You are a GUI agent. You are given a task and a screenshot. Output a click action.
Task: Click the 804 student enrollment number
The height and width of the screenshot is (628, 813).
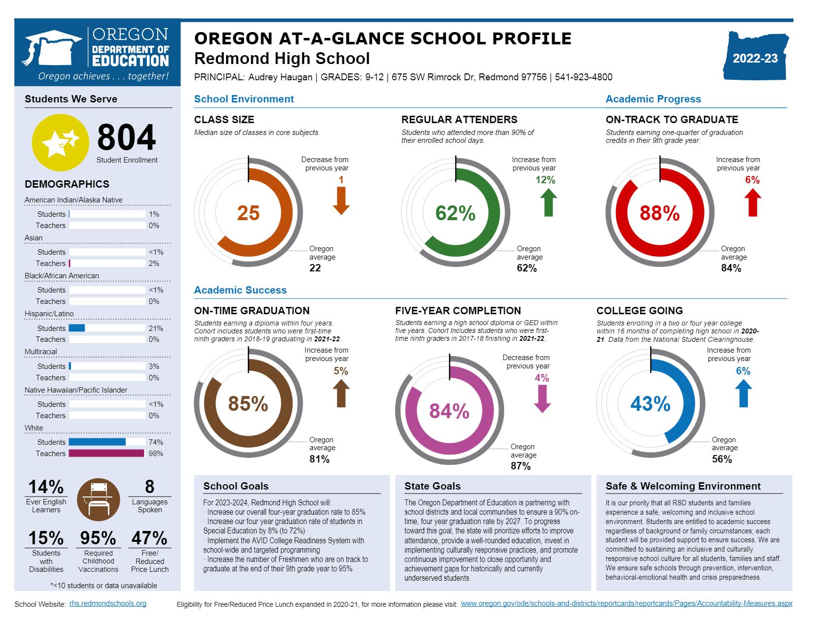(127, 137)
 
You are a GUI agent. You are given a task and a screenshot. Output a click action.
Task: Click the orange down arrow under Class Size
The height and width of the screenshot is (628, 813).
(341, 201)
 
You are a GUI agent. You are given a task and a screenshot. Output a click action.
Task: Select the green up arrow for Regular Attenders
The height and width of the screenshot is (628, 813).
(548, 203)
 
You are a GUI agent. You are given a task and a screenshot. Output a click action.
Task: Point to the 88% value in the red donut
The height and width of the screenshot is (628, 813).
(660, 213)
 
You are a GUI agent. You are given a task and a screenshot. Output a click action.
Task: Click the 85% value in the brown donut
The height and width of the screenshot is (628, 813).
(248, 404)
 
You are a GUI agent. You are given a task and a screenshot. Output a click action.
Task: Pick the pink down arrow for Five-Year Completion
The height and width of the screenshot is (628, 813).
(542, 398)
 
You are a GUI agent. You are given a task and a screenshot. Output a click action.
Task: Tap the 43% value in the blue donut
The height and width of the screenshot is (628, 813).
(650, 404)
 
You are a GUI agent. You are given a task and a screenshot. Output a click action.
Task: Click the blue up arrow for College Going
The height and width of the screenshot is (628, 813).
(743, 394)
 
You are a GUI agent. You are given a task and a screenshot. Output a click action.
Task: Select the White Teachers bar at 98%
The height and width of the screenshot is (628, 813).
(106, 454)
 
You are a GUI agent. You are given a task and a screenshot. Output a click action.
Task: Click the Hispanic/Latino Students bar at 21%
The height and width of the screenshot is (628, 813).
(77, 329)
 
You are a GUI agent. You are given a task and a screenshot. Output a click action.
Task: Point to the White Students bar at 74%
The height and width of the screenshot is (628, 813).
(97, 442)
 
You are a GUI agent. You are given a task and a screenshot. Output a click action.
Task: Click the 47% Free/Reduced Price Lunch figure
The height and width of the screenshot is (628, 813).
(149, 538)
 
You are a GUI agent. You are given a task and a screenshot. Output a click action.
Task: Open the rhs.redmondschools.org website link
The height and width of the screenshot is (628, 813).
(107, 603)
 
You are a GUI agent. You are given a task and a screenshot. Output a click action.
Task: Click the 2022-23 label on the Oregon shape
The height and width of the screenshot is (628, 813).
(755, 59)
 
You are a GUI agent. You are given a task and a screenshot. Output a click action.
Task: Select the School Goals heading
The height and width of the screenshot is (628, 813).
(236, 486)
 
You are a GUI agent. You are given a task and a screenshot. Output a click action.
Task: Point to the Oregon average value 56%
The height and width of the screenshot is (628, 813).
(722, 460)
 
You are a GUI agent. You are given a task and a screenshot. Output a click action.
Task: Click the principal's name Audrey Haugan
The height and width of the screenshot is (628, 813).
(279, 77)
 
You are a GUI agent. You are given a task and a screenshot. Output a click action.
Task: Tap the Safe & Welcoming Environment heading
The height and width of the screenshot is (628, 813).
(683, 486)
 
